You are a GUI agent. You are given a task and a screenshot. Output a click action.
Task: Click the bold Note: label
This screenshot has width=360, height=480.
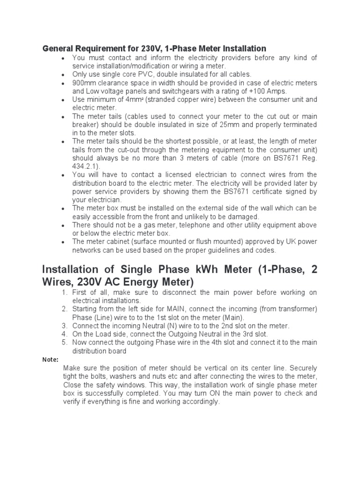[50, 360]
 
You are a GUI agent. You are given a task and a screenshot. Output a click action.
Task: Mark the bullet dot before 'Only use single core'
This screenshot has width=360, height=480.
[63, 75]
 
